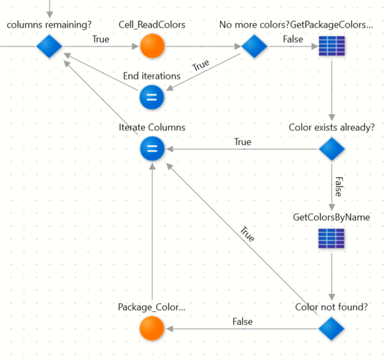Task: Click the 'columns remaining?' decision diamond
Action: (x=49, y=46)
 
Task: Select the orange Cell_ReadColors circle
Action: (x=152, y=46)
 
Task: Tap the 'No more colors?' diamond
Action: (x=255, y=46)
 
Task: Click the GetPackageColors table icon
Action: (x=332, y=46)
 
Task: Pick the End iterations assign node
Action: (x=152, y=98)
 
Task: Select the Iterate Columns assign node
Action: (x=152, y=149)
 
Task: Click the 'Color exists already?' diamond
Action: (x=332, y=149)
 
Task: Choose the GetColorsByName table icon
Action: (x=331, y=239)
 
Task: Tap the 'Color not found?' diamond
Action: (x=331, y=329)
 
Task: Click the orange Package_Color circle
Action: (x=152, y=329)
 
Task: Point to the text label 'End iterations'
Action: (x=152, y=76)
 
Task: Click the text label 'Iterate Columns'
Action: (x=152, y=128)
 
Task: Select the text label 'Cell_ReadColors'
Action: (x=152, y=25)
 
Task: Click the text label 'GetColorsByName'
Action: (x=331, y=218)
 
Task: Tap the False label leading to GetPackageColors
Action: (x=293, y=39)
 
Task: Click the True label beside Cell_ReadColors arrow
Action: (x=101, y=39)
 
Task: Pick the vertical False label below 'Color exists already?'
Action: (x=339, y=187)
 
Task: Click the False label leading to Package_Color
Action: (x=242, y=321)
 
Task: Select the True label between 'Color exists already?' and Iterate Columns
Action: (x=242, y=142)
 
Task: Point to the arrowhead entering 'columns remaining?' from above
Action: (x=50, y=15)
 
